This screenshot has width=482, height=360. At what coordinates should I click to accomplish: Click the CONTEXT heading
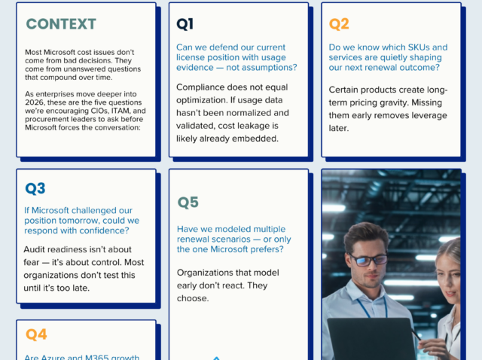point(61,24)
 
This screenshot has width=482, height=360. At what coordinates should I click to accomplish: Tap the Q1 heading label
point(185,24)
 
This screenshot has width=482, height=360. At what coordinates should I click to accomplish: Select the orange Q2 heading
point(339,24)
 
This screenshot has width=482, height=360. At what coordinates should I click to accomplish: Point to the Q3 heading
point(35,188)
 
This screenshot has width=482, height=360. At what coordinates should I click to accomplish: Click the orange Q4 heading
point(36,334)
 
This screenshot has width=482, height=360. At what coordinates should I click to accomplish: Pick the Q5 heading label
point(188,202)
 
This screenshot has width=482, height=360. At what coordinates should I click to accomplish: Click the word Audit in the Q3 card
point(37,249)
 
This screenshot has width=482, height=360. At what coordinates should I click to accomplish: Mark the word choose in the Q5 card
point(194,298)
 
